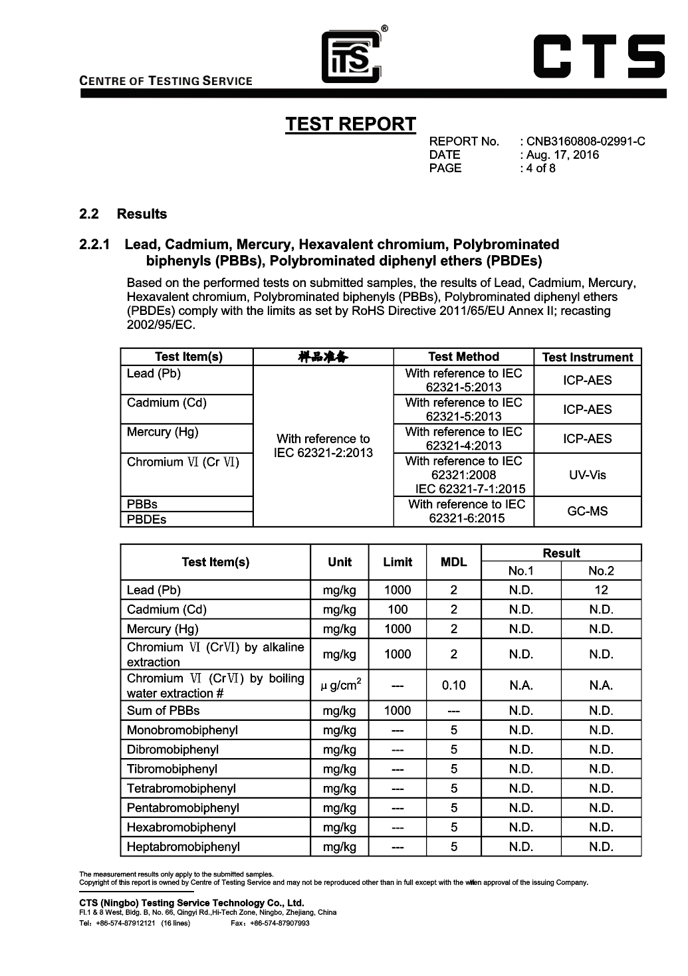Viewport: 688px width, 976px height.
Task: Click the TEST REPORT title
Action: (x=350, y=124)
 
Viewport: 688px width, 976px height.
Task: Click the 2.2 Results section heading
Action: (x=123, y=214)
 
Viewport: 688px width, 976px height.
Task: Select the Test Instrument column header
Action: (x=587, y=357)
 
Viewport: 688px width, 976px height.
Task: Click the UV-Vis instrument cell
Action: (x=587, y=475)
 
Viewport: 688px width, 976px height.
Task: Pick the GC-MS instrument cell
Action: (x=587, y=512)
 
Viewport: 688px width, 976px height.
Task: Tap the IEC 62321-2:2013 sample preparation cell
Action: (x=323, y=446)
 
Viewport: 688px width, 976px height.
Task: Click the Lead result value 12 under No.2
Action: (x=601, y=590)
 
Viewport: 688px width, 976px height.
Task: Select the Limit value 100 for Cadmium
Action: (x=398, y=609)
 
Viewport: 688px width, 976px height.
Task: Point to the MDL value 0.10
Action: (x=453, y=686)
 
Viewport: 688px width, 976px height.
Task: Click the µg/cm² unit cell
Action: (x=340, y=686)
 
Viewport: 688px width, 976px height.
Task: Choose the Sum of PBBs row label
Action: (x=164, y=711)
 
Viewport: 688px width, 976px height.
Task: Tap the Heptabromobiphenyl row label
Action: (x=183, y=847)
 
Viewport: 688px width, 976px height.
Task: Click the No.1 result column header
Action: (x=520, y=571)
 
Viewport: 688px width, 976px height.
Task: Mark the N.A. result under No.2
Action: (x=601, y=686)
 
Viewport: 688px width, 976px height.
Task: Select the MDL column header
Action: (x=453, y=562)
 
